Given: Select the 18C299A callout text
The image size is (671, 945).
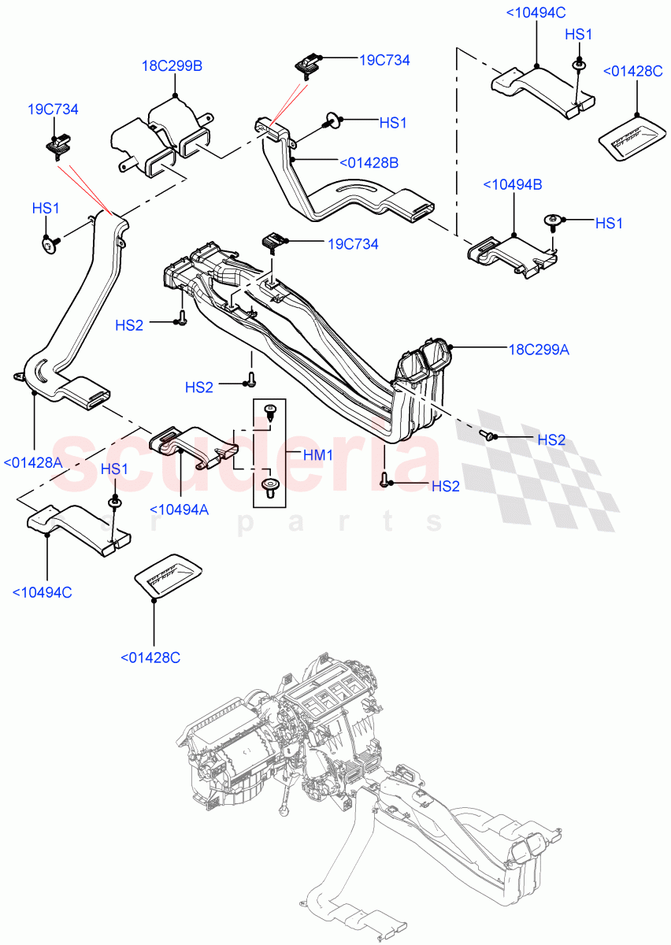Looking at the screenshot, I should [539, 350].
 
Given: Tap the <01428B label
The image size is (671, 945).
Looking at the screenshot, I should [368, 163].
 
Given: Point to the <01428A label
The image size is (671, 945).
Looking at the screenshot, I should [33, 463].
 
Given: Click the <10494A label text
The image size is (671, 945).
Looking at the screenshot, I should [179, 510].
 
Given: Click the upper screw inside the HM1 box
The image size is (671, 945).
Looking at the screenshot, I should [270, 410].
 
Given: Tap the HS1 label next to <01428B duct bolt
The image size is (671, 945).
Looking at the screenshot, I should [393, 123].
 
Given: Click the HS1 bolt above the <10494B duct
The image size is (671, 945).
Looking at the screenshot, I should [551, 220].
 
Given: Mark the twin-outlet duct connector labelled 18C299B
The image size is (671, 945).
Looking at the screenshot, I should [161, 138].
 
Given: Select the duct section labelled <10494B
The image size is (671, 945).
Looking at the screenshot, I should [512, 255].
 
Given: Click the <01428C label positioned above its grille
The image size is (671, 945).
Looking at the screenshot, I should [632, 71].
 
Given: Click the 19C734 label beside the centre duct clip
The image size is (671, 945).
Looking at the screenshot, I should [353, 244].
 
